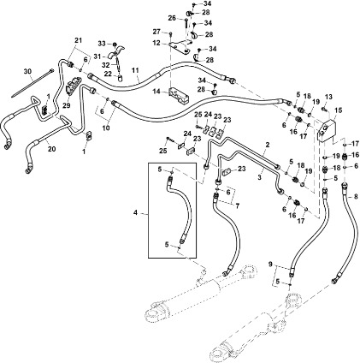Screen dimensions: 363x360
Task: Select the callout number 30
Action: pos(26,70)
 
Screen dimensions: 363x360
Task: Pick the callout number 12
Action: pos(156,42)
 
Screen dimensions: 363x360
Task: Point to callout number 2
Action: pos(268,146)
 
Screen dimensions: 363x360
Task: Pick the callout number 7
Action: pos(237,207)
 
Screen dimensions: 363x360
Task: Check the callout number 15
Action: pos(338,111)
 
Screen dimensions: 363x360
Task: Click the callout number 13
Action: pos(328,97)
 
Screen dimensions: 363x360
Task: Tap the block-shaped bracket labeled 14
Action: pos(180,94)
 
